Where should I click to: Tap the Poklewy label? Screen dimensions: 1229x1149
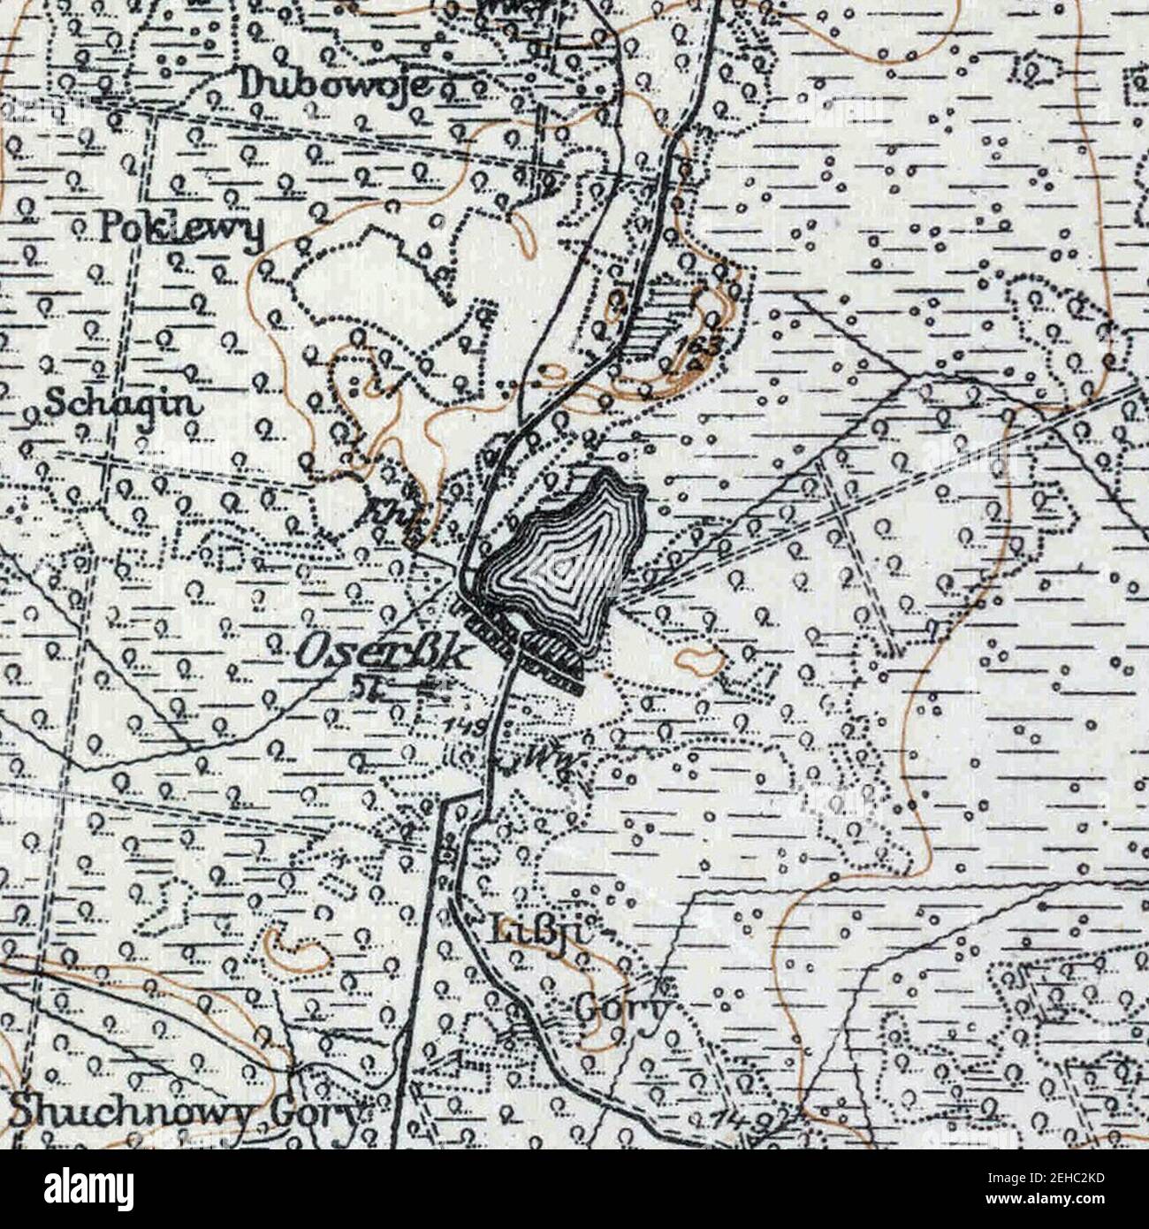[181, 229]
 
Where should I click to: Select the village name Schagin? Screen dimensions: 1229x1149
[121, 403]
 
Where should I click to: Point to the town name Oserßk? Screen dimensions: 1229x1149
[380, 654]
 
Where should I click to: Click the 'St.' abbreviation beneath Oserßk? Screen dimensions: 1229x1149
[360, 686]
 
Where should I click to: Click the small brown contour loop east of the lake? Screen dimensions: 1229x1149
[698, 659]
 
